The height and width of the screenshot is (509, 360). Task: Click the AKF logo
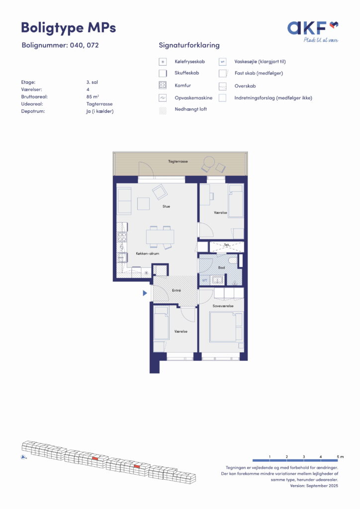click(x=313, y=31)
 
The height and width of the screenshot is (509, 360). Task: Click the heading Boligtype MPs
click(x=69, y=27)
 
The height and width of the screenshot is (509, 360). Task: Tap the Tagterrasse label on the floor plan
click(x=178, y=162)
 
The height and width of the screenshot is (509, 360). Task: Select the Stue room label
click(x=166, y=206)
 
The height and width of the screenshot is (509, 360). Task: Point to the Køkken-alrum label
click(x=147, y=254)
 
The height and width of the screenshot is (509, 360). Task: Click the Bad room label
click(x=221, y=267)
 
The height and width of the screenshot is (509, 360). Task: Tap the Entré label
click(x=176, y=290)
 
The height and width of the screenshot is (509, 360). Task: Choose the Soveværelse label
click(x=223, y=306)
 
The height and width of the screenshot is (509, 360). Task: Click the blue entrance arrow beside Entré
click(x=145, y=293)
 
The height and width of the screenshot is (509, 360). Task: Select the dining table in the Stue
click(x=160, y=237)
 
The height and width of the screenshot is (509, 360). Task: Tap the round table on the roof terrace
click(x=209, y=162)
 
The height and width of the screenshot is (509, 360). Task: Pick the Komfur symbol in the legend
click(x=163, y=85)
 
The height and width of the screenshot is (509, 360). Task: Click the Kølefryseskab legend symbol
click(x=163, y=62)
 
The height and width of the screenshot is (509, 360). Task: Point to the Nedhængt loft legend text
click(x=190, y=109)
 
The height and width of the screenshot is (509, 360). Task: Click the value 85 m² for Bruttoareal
click(x=92, y=97)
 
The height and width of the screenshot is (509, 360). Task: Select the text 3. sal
click(x=92, y=82)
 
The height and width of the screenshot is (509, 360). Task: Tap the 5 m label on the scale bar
click(x=340, y=457)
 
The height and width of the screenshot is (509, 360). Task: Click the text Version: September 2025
click(x=314, y=486)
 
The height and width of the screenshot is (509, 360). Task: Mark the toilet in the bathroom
click(x=233, y=260)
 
